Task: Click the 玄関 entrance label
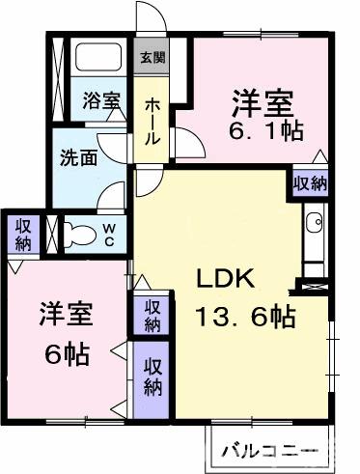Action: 152,57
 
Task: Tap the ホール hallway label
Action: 152,122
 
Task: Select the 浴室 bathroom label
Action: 101,100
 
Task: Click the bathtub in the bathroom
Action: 98,56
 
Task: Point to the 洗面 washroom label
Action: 79,157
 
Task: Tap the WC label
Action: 109,235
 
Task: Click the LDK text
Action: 226,279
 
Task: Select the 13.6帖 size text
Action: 246,317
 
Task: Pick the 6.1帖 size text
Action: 266,130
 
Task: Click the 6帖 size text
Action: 67,353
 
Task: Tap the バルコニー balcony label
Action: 270,451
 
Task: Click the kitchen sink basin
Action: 314,222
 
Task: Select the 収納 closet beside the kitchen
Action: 310,183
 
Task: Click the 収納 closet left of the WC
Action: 24,234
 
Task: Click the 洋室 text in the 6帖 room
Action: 67,314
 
